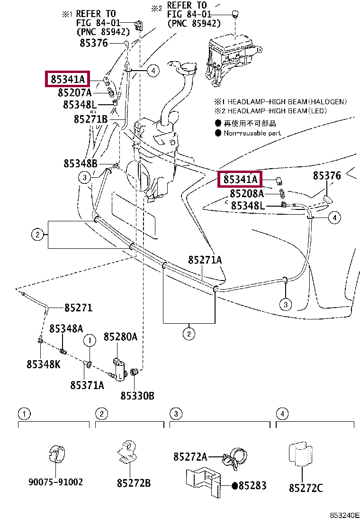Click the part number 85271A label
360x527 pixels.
pyautogui.click(x=205, y=260)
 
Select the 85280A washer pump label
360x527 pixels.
pyautogui.click(x=120, y=337)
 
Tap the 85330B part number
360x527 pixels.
pyautogui.click(x=137, y=396)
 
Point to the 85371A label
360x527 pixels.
pyautogui.click(x=87, y=385)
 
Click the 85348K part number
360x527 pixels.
pyautogui.click(x=43, y=364)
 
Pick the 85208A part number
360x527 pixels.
pyautogui.click(x=247, y=193)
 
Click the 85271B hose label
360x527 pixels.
pyautogui.click(x=90, y=119)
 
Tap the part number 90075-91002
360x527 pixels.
pyautogui.click(x=55, y=482)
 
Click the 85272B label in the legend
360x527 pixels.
pyautogui.click(x=134, y=483)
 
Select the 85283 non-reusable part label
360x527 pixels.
pyautogui.click(x=252, y=485)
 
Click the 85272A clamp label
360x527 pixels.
pyautogui.click(x=190, y=457)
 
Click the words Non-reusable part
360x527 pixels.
pyautogui.click(x=252, y=133)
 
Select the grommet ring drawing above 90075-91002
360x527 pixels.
pyautogui.click(x=56, y=452)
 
